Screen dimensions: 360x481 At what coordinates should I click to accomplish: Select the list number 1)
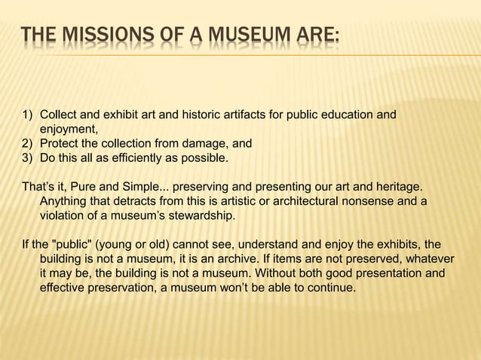tap(26, 115)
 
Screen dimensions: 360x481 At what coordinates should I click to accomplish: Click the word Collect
tap(58, 115)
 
